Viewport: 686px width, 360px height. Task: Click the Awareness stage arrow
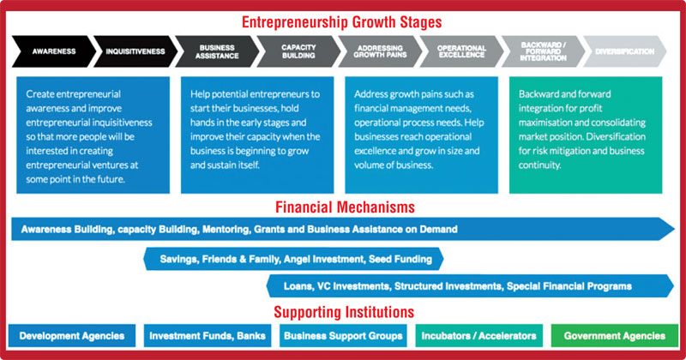pos(53,51)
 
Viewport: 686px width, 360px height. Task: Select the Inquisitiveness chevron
pos(135,51)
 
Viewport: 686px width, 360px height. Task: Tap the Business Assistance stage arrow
pos(217,51)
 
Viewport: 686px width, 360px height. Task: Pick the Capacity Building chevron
pos(298,51)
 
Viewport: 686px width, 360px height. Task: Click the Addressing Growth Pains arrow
pos(380,51)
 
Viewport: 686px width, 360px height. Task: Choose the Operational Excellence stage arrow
pos(461,51)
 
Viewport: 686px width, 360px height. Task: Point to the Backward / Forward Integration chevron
pos(544,51)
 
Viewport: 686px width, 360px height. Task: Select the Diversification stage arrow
pos(625,51)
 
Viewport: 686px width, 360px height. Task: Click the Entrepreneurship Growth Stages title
pos(341,22)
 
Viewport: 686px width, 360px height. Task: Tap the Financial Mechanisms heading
pos(345,207)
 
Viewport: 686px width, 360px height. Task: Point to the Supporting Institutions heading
pos(344,312)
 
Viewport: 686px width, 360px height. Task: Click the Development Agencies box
pos(72,336)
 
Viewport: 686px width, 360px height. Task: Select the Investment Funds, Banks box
pos(208,336)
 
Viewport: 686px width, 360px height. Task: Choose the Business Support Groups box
pos(343,336)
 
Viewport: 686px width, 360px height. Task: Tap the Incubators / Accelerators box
pos(479,336)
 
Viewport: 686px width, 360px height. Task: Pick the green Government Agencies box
pos(615,336)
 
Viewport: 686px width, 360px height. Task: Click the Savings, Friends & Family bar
pos(293,259)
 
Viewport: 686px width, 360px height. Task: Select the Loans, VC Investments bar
pos(470,286)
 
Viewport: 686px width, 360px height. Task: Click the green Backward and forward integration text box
pos(586,135)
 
